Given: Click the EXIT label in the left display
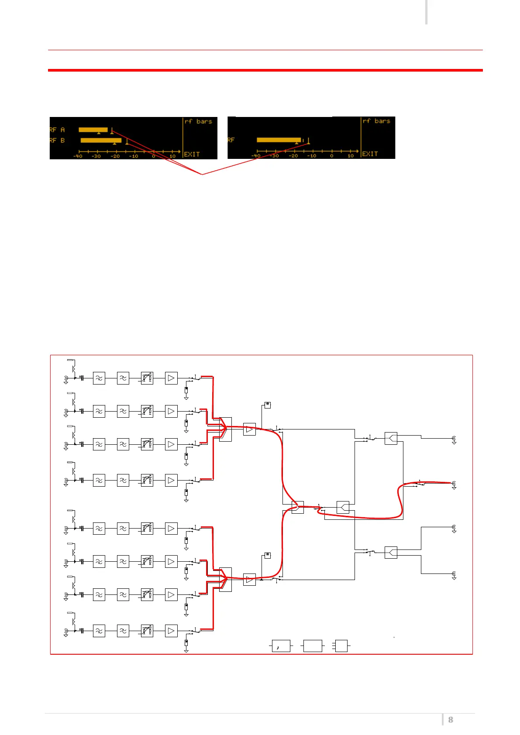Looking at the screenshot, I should [x=192, y=155].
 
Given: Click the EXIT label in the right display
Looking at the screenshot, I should [x=370, y=154].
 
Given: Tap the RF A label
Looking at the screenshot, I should [x=57, y=130].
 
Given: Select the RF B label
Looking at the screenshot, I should [x=57, y=141].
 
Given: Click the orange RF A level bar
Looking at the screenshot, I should [x=93, y=130].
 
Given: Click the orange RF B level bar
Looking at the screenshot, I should [x=101, y=140].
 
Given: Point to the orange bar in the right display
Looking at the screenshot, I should [x=279, y=140].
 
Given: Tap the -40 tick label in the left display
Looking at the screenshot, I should [x=78, y=156].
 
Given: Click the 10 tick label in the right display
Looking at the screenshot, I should [x=351, y=156].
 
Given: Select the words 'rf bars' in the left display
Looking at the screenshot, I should [x=198, y=121].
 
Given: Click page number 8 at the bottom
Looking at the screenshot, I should [x=451, y=720].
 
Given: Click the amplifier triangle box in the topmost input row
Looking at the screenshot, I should [x=171, y=378].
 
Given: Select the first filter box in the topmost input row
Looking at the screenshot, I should [x=99, y=378].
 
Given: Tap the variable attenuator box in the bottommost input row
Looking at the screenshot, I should [x=147, y=631].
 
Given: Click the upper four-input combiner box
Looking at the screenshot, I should [x=225, y=429].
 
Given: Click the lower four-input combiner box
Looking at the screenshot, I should [x=225, y=580].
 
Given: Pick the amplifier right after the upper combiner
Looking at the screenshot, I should [x=249, y=429].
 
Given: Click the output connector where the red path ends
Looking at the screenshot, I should [x=454, y=483].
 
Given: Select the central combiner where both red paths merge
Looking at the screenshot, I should [x=298, y=507].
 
